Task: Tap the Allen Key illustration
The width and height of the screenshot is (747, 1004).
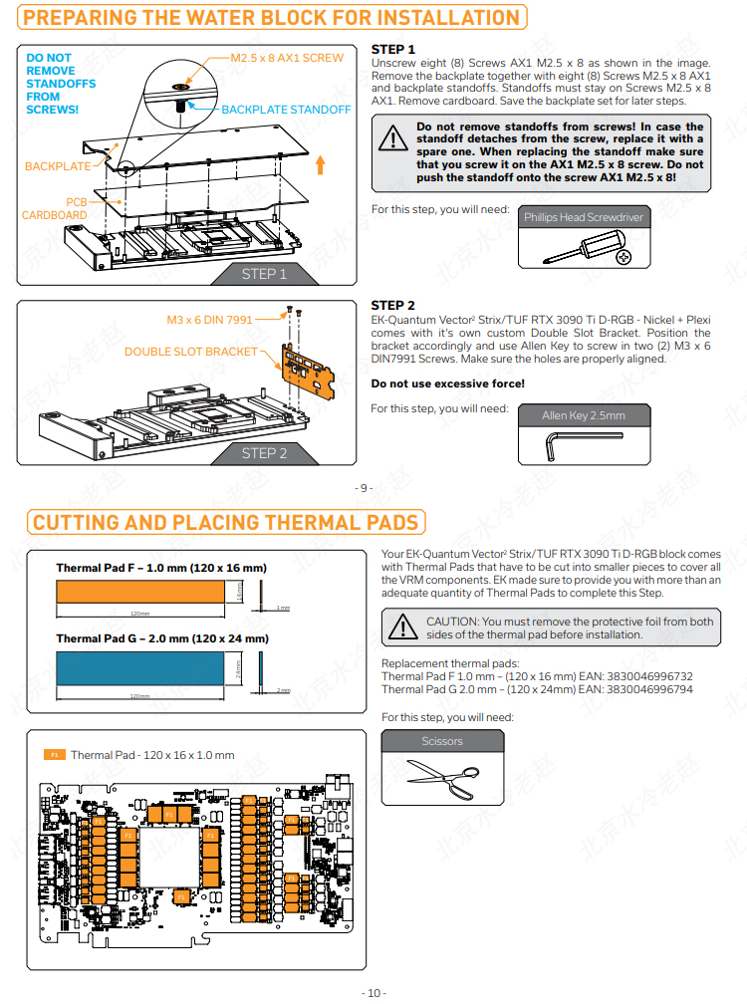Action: tap(549, 448)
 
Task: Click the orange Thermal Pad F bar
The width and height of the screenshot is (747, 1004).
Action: tap(140, 592)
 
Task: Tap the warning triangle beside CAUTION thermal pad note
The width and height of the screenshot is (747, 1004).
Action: tap(402, 627)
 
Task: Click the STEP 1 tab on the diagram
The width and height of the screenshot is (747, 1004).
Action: tap(264, 274)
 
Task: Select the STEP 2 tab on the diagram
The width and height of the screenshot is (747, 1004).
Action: tap(264, 453)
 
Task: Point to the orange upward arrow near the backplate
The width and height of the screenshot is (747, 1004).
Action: tap(319, 163)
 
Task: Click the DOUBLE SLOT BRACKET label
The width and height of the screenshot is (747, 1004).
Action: tap(190, 352)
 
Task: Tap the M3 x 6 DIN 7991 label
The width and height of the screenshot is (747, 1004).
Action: tap(209, 320)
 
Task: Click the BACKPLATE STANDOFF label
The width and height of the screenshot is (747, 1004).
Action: tap(286, 110)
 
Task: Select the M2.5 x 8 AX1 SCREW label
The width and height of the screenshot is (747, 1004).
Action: tap(287, 58)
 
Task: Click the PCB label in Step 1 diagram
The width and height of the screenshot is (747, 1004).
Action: tap(77, 201)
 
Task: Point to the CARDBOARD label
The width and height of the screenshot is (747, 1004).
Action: tap(55, 215)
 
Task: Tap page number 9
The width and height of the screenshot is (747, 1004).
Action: tap(364, 488)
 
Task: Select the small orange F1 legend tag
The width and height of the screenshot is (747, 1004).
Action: tap(55, 755)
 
